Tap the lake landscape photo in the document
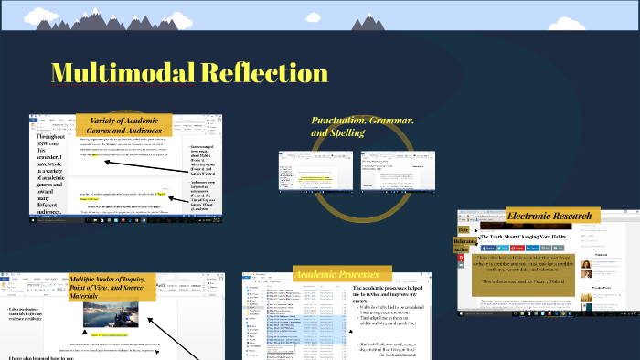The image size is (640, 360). click(109, 314)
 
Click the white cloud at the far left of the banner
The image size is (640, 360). click(18, 19)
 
